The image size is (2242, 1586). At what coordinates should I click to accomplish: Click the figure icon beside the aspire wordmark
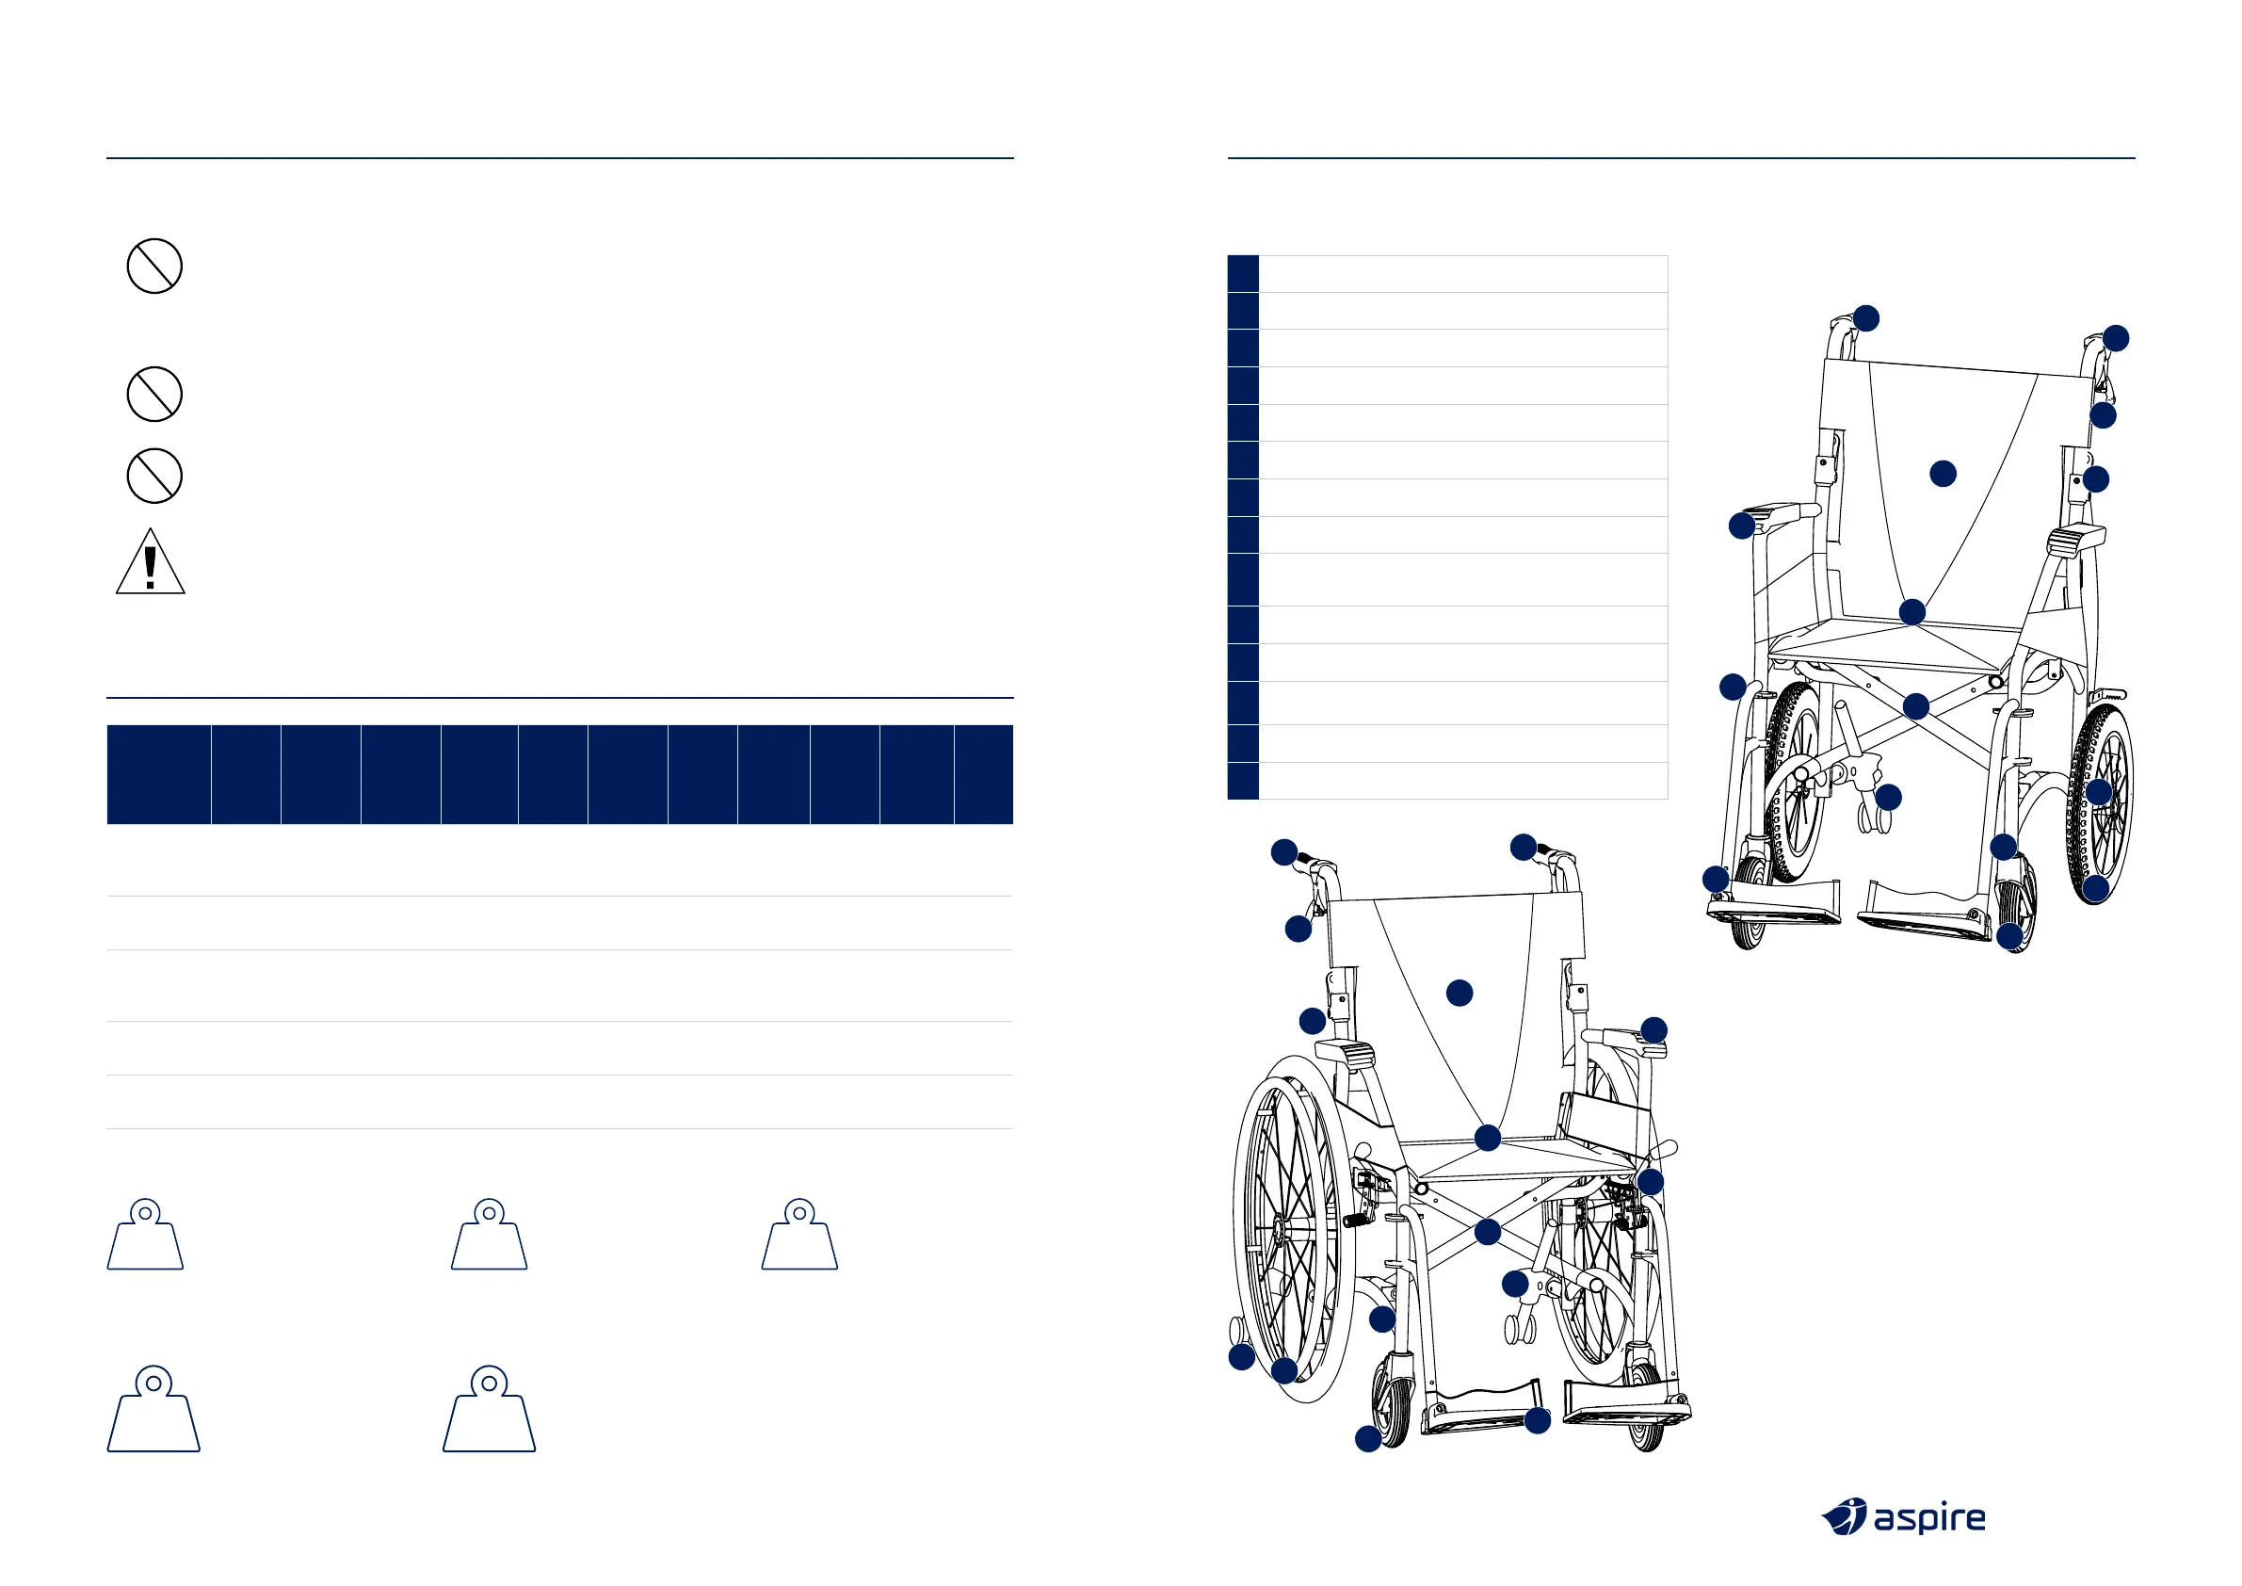(x=1844, y=1516)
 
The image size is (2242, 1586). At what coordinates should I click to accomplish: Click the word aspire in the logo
(x=1928, y=1518)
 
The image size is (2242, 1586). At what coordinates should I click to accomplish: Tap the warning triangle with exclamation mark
(x=151, y=561)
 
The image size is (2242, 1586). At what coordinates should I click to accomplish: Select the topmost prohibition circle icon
(x=154, y=266)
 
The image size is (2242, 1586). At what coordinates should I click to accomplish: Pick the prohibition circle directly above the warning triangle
(x=154, y=476)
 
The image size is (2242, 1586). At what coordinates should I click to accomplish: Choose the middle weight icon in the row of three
(x=490, y=1236)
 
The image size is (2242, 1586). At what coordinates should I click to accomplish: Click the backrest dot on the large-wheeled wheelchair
(x=1459, y=994)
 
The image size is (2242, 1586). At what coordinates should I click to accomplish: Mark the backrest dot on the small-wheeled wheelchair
(x=1944, y=474)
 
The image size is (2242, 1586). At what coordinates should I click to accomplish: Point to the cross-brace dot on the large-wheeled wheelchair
(x=1487, y=1232)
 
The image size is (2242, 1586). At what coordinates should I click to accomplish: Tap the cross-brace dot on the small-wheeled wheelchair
(x=1916, y=706)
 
